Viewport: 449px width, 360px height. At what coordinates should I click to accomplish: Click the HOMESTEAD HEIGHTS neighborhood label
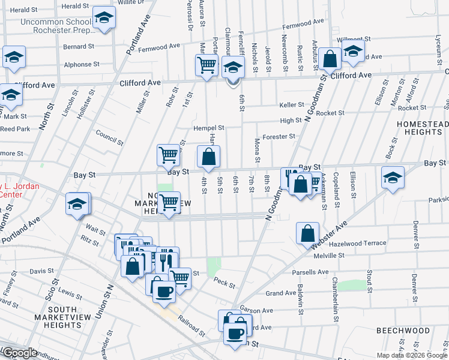(x=422, y=127)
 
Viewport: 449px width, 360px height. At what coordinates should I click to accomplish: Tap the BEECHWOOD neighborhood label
(x=403, y=331)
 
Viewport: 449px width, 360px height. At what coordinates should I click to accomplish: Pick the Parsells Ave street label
(x=310, y=272)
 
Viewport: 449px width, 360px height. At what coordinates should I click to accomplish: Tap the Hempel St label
(x=208, y=128)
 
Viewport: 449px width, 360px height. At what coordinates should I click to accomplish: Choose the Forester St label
(x=280, y=136)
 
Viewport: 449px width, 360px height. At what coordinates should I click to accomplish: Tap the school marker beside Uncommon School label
(x=104, y=19)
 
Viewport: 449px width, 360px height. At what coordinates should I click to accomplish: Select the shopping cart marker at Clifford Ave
(x=206, y=64)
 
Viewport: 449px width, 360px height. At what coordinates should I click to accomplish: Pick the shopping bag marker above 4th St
(x=208, y=158)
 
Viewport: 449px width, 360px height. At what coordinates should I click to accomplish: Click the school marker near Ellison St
(x=393, y=178)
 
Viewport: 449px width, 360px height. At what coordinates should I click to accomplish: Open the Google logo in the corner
(x=20, y=353)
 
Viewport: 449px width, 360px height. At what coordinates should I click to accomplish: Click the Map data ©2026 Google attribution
(x=411, y=355)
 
